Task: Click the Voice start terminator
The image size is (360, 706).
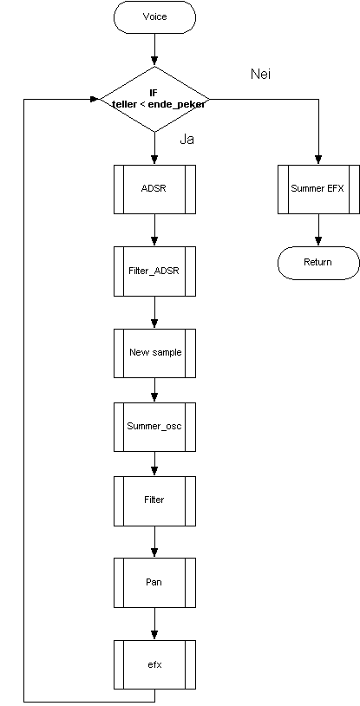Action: point(154,17)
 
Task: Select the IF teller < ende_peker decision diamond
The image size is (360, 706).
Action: point(154,99)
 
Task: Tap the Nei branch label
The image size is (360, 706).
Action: point(260,75)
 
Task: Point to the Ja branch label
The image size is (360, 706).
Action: point(187,140)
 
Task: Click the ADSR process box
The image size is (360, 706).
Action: point(154,189)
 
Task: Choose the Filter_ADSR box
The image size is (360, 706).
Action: point(154,271)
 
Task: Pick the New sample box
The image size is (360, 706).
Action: point(154,353)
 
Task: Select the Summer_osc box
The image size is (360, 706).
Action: point(154,427)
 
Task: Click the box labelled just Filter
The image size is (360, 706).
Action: point(154,500)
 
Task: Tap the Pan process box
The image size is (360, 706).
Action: point(154,583)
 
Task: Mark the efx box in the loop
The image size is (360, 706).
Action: point(154,664)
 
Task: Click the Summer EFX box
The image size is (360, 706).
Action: point(318,189)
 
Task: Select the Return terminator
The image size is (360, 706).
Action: point(318,263)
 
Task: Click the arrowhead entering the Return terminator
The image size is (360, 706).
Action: point(318,242)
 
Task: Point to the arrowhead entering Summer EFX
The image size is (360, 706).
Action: point(318,160)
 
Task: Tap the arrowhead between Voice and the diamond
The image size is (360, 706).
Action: point(154,62)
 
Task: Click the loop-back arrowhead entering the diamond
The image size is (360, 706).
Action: point(95,99)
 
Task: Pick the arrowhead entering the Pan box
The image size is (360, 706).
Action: point(154,553)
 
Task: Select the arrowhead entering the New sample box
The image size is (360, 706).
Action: point(154,324)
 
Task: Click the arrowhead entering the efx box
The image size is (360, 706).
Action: point(154,636)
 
